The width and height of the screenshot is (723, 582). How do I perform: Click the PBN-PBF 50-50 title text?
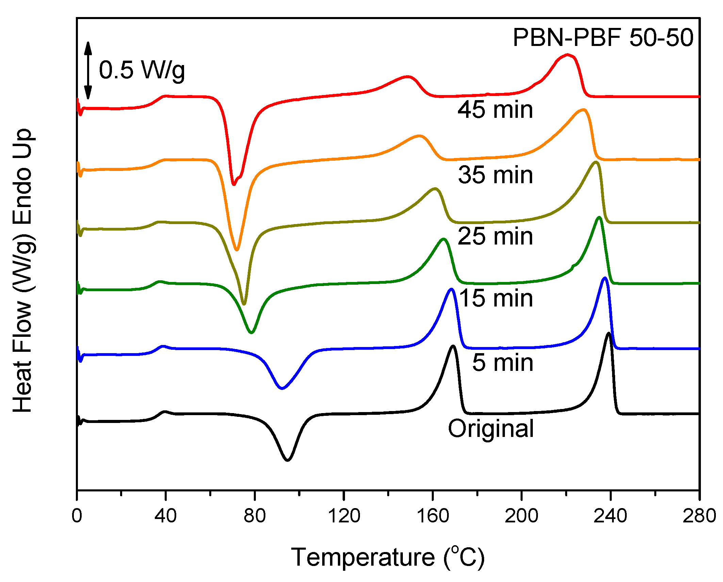click(603, 37)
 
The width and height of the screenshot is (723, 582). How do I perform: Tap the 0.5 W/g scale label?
click(142, 70)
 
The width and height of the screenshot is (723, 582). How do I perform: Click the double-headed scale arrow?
click(88, 70)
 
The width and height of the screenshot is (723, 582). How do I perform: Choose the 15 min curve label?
click(496, 298)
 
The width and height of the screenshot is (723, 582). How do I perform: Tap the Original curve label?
click(491, 428)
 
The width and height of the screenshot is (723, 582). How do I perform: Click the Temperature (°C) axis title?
click(388, 557)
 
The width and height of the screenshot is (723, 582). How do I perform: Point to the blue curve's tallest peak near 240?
click(605, 278)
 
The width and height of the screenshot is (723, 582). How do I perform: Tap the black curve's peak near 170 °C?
click(453, 346)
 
